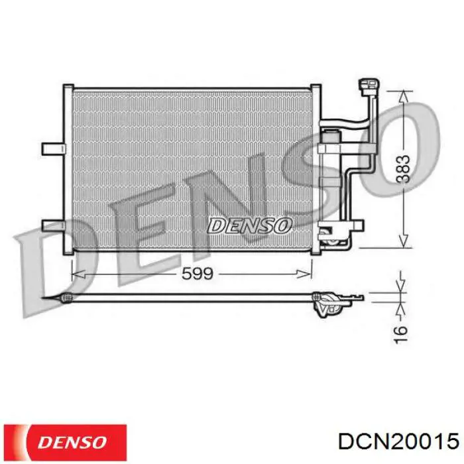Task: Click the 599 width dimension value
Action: tap(198, 274)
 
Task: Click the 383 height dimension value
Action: tap(403, 168)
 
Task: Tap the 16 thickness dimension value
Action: tap(400, 334)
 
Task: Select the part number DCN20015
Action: tap(398, 442)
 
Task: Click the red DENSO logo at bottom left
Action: tap(65, 443)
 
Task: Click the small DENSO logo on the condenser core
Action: tap(249, 226)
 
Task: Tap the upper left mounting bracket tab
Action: tap(53, 149)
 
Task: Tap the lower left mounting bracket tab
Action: tap(53, 225)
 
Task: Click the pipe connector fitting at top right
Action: tap(369, 86)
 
